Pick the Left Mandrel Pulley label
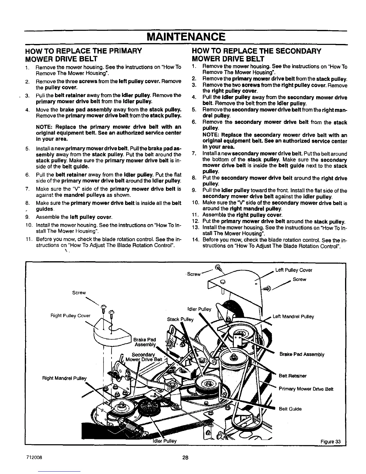[293, 317]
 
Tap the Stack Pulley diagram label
[180, 319]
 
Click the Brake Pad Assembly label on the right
[302, 355]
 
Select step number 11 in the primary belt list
[28, 240]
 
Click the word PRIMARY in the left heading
[121, 51]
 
